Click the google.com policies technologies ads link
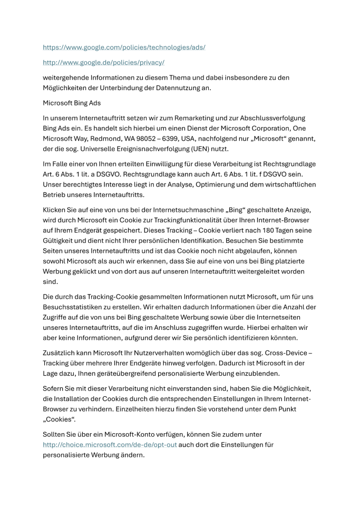click(x=124, y=47)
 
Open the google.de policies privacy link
click(x=103, y=62)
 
